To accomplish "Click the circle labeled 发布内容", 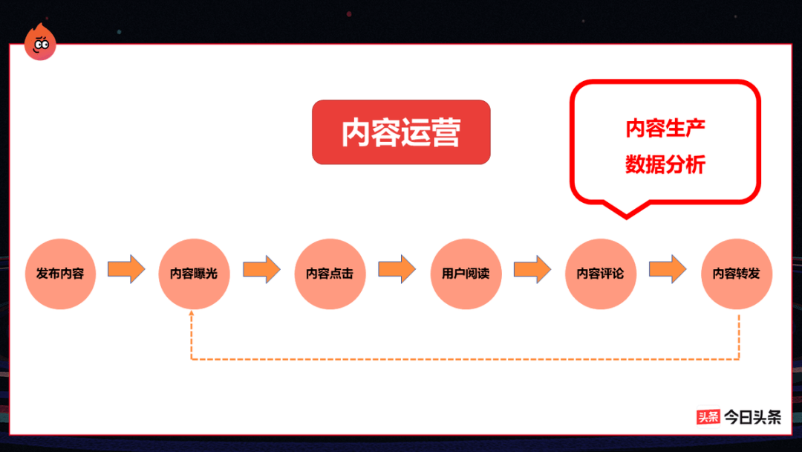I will [60, 274].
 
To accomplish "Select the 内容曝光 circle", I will [194, 274].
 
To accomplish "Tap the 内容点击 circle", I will [330, 274].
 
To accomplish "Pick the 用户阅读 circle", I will [466, 274].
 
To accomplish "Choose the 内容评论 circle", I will [601, 274].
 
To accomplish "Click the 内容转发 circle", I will [737, 274].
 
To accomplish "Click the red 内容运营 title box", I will [401, 132].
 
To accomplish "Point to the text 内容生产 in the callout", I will [665, 129].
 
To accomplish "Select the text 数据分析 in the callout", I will [665, 164].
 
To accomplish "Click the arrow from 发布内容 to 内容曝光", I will [126, 268].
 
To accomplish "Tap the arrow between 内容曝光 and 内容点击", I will [261, 268].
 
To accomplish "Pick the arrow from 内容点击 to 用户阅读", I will [397, 268].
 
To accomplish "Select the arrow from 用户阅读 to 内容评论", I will [532, 268].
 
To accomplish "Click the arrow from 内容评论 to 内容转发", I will [668, 268].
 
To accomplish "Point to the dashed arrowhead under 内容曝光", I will [192, 315].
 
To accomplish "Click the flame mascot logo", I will [39, 43].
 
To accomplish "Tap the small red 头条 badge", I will [708, 417].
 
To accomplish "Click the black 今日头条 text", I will [752, 417].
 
